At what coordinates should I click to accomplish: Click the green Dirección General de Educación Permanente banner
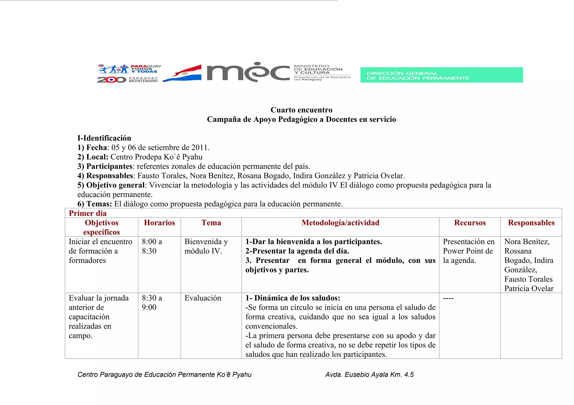441,75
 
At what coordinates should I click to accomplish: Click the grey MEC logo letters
248,72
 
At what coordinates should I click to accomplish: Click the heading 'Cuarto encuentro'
301,110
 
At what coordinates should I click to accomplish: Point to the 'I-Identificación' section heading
104,138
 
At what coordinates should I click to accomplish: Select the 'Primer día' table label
88,213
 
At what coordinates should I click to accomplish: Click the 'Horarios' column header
159,223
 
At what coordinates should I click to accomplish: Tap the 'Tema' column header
211,223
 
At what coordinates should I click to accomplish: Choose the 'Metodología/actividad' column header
340,223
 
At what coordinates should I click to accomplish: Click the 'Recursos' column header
470,223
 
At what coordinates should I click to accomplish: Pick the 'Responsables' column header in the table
531,223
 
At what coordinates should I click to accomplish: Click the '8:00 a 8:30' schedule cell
152,246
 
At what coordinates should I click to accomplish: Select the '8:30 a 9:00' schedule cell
152,303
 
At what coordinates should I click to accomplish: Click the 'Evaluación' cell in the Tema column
203,298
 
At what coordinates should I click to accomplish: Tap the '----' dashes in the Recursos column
448,298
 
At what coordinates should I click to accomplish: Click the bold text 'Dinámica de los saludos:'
297,298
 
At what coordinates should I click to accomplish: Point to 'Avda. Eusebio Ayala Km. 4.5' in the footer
369,374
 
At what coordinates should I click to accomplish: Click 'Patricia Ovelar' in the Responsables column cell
529,289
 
